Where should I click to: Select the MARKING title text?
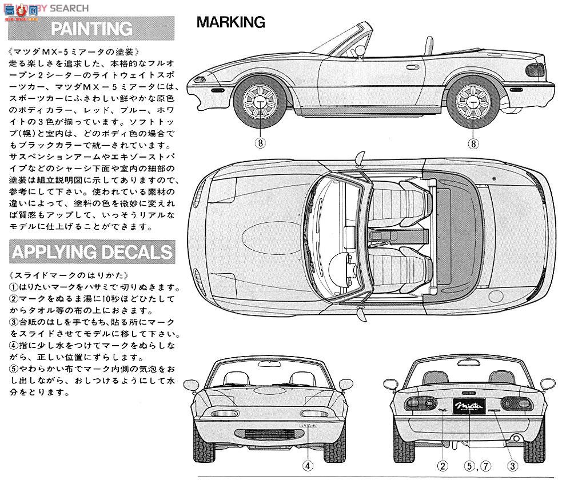[230, 22]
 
